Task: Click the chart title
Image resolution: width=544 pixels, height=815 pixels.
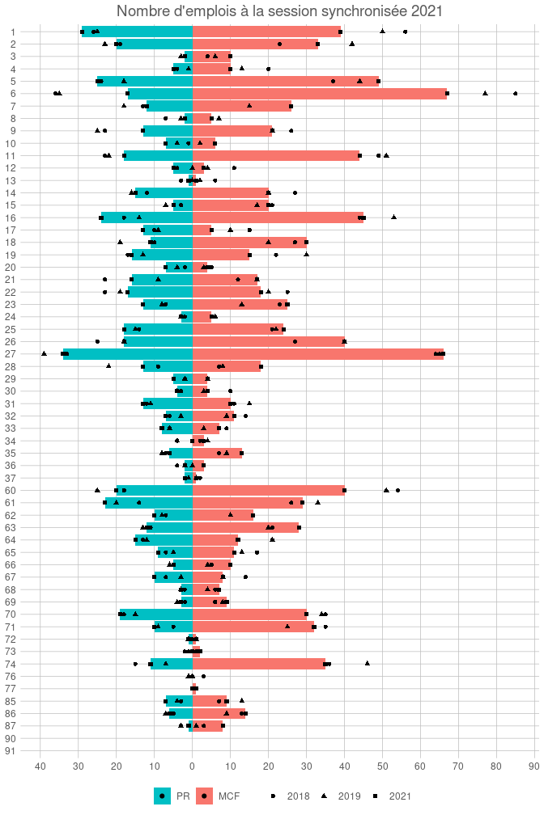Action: click(x=279, y=11)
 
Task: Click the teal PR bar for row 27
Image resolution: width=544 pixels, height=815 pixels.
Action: click(x=128, y=354)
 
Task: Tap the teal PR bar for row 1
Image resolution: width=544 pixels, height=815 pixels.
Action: click(x=137, y=32)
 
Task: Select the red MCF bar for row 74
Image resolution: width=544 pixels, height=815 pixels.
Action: click(x=258, y=664)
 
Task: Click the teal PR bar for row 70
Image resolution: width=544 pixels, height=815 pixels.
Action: click(x=156, y=614)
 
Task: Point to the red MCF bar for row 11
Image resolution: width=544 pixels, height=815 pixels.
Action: click(x=275, y=155)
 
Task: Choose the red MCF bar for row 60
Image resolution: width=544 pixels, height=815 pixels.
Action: click(x=268, y=490)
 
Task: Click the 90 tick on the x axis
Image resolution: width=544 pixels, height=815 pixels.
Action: click(x=534, y=766)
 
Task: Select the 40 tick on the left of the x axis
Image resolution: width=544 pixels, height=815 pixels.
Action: click(x=40, y=766)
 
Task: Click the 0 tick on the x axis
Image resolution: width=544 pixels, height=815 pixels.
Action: click(x=193, y=766)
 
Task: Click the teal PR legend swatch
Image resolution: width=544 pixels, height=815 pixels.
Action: click(x=163, y=796)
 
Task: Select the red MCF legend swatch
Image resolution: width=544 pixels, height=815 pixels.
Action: click(x=205, y=796)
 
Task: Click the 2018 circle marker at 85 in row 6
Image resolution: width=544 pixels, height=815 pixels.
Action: click(x=516, y=94)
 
